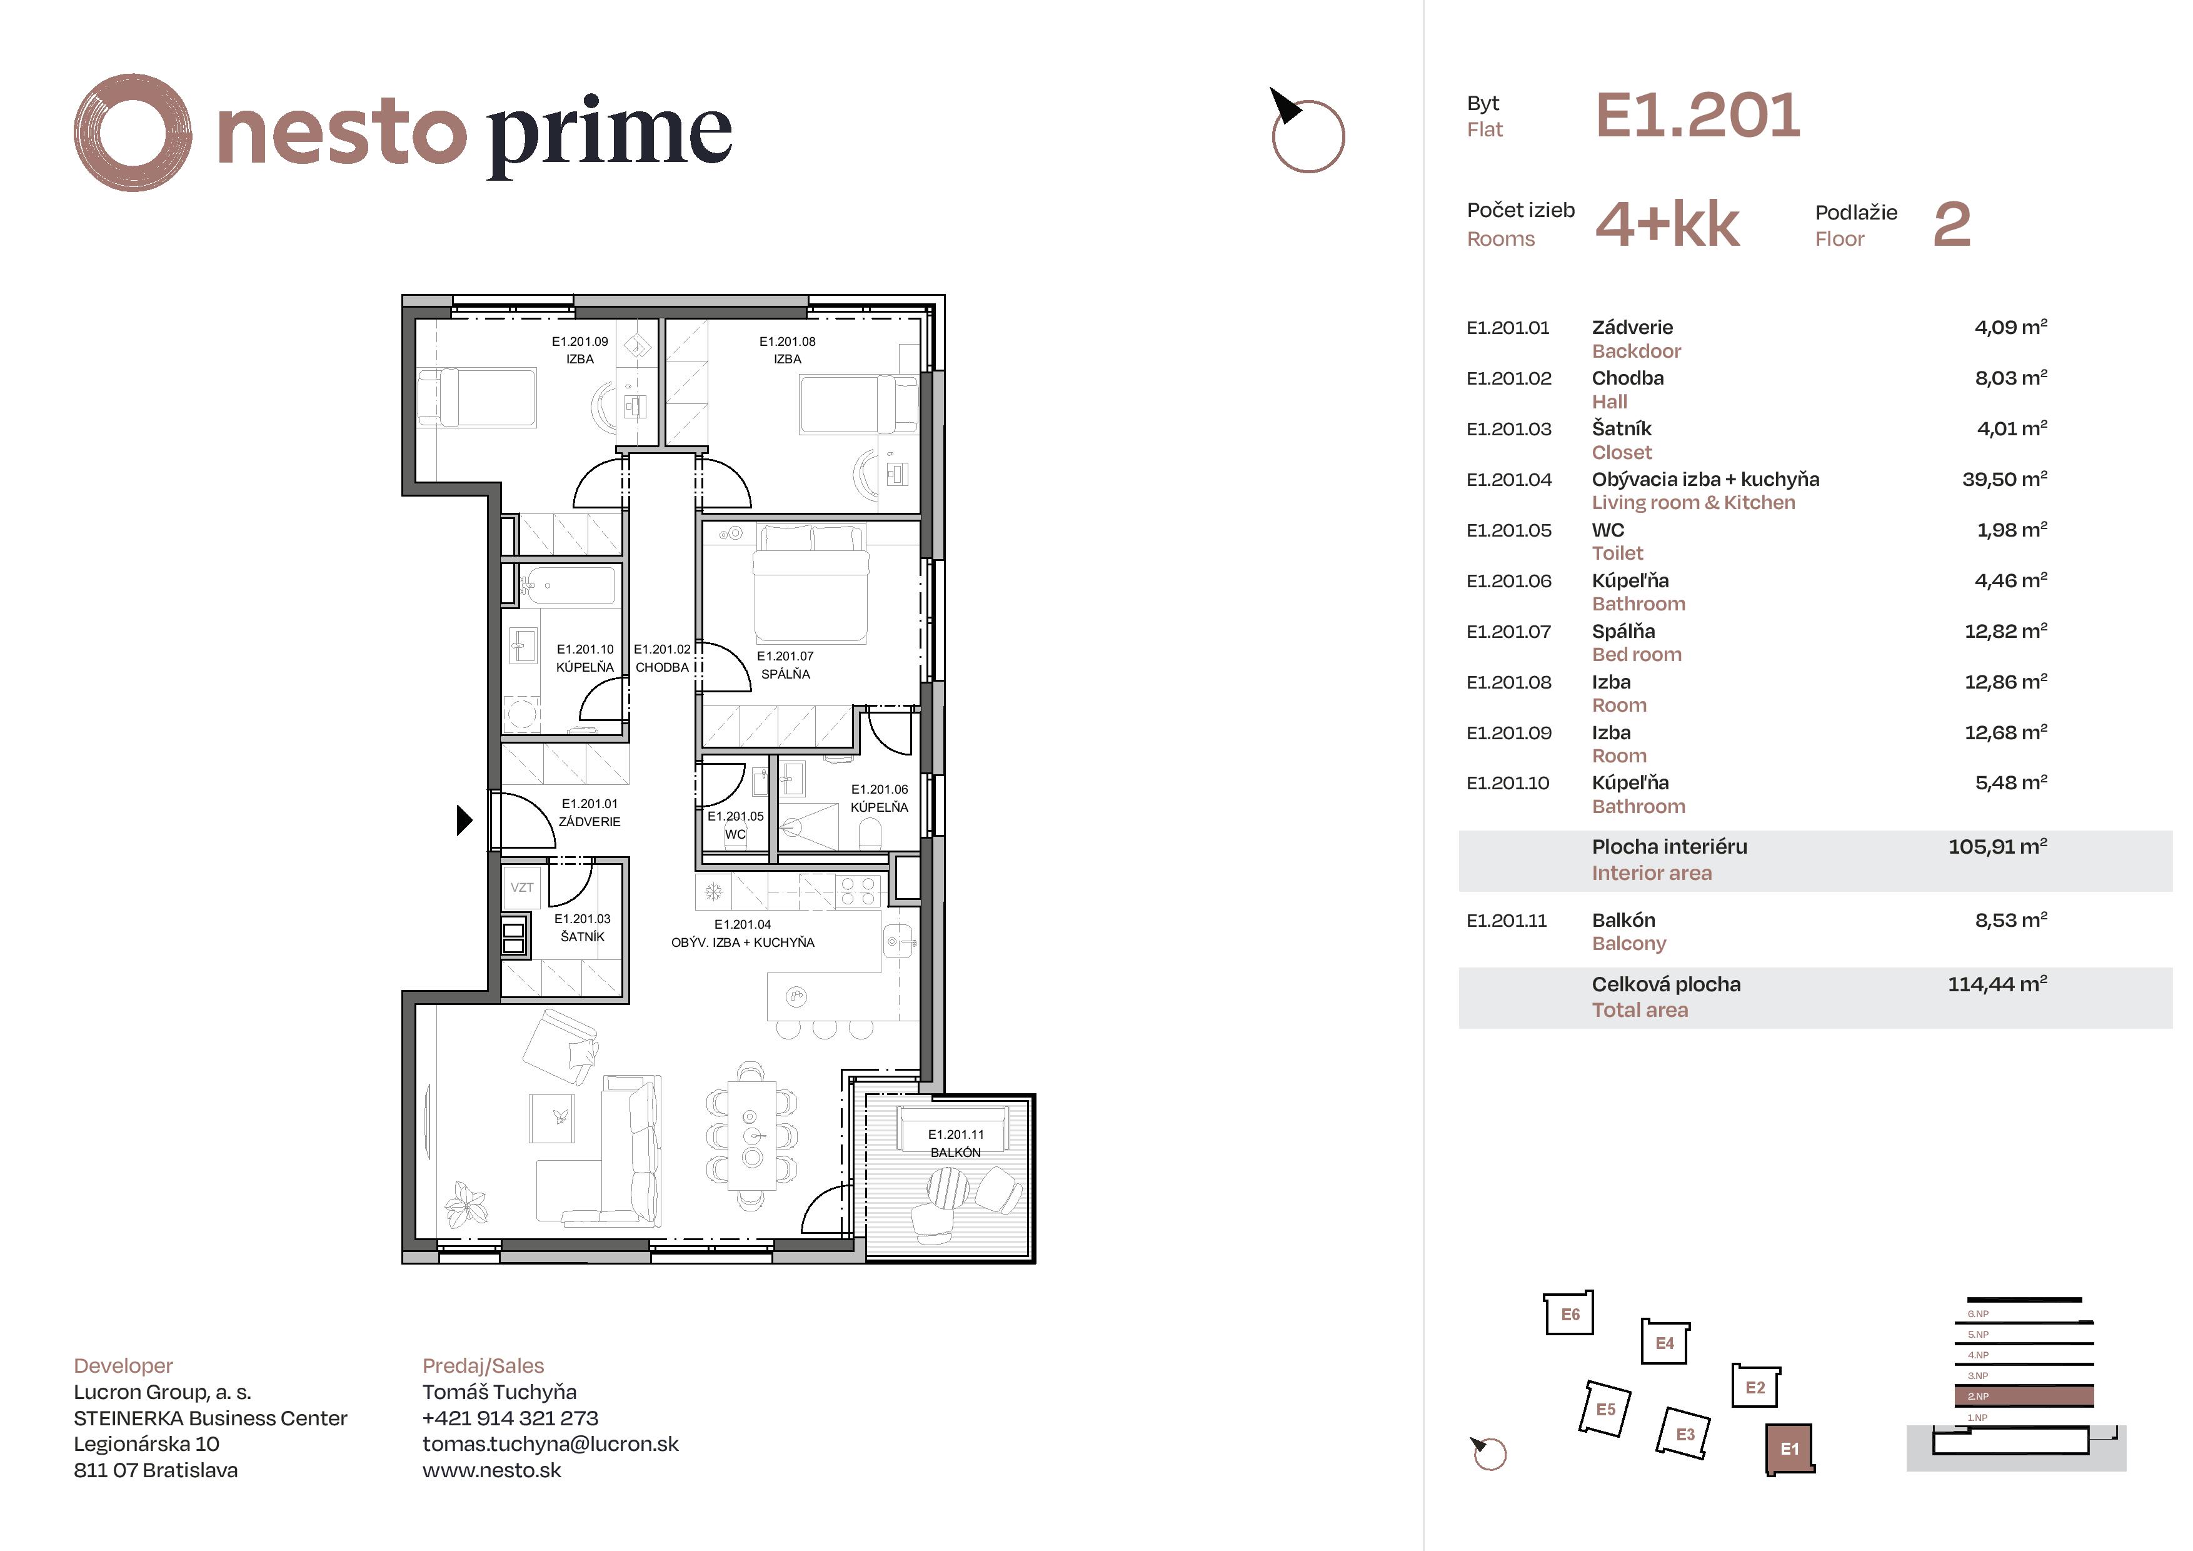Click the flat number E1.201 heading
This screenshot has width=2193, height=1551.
[x=1697, y=116]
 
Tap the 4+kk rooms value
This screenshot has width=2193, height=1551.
[x=1667, y=226]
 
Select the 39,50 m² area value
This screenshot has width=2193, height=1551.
[x=2004, y=480]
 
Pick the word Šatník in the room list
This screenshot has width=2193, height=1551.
[x=1621, y=429]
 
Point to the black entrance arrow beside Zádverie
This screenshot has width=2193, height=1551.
[x=464, y=820]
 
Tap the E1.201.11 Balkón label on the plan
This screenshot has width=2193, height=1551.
[x=955, y=1143]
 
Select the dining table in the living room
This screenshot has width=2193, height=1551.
[x=751, y=1135]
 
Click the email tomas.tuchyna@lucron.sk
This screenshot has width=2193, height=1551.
[x=550, y=1444]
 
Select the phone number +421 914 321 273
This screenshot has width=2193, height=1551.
[x=510, y=1418]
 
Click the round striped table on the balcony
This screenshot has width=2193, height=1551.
[x=948, y=1190]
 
